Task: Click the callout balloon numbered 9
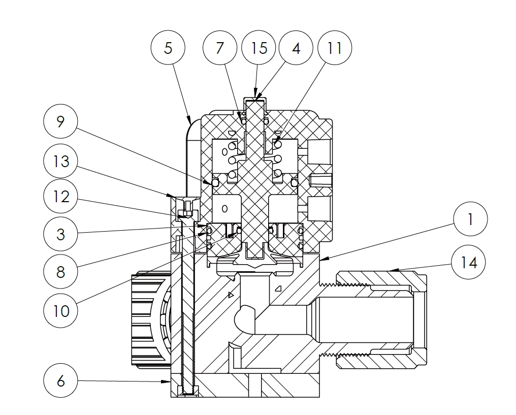point(60,122)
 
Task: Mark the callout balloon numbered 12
point(60,196)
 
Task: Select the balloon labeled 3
point(60,234)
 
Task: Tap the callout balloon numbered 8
point(60,272)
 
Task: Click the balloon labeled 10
point(60,310)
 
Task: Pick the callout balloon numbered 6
point(60,381)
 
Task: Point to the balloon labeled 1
point(470,219)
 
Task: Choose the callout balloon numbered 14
point(470,263)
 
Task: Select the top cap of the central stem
point(255,98)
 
